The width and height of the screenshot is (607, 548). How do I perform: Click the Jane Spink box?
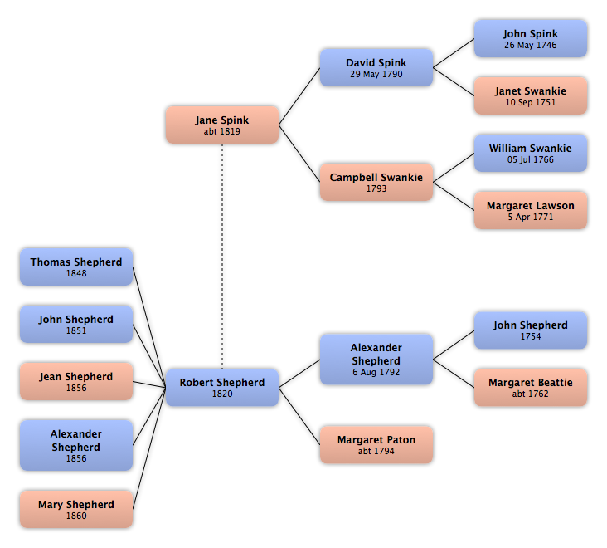click(x=222, y=125)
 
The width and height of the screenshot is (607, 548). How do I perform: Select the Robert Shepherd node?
click(x=222, y=388)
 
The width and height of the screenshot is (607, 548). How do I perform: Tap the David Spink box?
click(x=376, y=67)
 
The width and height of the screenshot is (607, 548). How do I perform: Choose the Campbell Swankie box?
click(x=376, y=182)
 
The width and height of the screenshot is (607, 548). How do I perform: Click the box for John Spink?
click(x=531, y=39)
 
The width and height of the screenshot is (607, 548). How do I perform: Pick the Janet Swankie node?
click(x=531, y=95)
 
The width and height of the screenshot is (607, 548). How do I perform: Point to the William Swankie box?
click(x=531, y=153)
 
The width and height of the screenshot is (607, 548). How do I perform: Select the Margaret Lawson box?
click(x=531, y=210)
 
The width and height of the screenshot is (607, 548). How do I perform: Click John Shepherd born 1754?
click(x=531, y=330)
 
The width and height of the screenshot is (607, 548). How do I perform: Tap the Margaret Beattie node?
click(x=531, y=388)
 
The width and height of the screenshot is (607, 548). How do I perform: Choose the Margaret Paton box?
click(x=376, y=445)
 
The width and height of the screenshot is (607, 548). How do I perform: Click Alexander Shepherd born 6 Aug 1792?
click(x=376, y=360)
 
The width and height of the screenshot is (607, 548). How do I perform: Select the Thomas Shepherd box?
click(x=76, y=267)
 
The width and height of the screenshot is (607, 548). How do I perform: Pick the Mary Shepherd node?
click(x=76, y=509)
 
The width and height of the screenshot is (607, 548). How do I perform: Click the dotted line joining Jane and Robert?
click(x=222, y=257)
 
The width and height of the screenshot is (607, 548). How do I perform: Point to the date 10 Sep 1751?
click(x=531, y=102)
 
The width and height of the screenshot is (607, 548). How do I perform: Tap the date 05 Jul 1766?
click(x=531, y=159)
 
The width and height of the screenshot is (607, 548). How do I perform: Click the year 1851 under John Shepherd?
click(x=76, y=330)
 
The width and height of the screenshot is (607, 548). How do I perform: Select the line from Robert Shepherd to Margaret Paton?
click(x=299, y=416)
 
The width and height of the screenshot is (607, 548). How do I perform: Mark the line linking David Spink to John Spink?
click(x=454, y=53)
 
